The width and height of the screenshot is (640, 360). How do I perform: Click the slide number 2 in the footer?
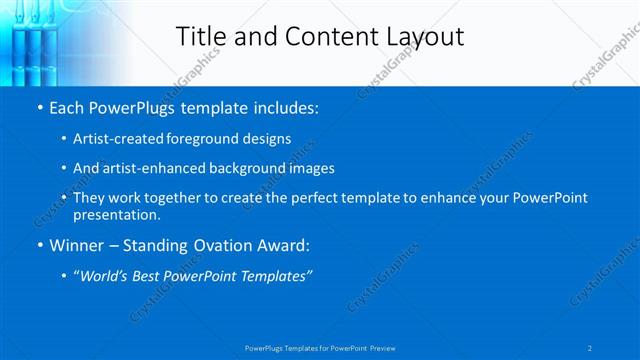click(x=590, y=347)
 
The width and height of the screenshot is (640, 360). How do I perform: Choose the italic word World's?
click(x=107, y=275)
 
